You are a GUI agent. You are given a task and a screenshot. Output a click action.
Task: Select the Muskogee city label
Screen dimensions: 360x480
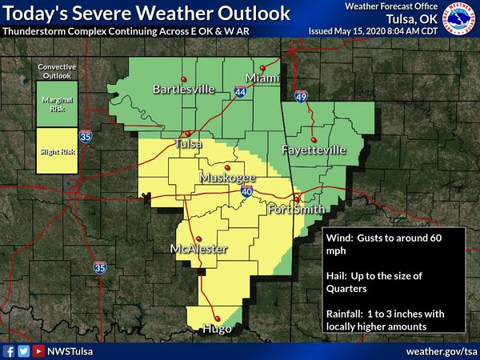(226, 178)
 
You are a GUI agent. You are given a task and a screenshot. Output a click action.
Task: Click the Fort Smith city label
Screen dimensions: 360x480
(296, 210)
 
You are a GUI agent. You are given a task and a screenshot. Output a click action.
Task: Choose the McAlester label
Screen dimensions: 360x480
(199, 250)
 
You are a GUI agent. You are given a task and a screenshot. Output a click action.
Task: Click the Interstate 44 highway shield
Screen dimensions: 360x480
(241, 93)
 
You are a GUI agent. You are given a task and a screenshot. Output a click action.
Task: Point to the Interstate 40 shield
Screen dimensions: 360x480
(246, 192)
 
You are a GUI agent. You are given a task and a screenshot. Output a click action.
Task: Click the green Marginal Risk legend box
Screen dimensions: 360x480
(56, 106)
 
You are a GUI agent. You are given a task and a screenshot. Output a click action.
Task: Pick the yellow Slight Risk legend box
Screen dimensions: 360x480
(56, 150)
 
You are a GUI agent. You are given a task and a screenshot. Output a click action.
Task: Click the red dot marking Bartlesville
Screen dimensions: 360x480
(184, 78)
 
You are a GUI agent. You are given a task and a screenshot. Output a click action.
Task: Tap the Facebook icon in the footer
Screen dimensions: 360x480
(9, 350)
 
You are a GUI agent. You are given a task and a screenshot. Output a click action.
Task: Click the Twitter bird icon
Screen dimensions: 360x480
(24, 350)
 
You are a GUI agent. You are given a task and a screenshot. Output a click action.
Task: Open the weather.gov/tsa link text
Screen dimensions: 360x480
(441, 350)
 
